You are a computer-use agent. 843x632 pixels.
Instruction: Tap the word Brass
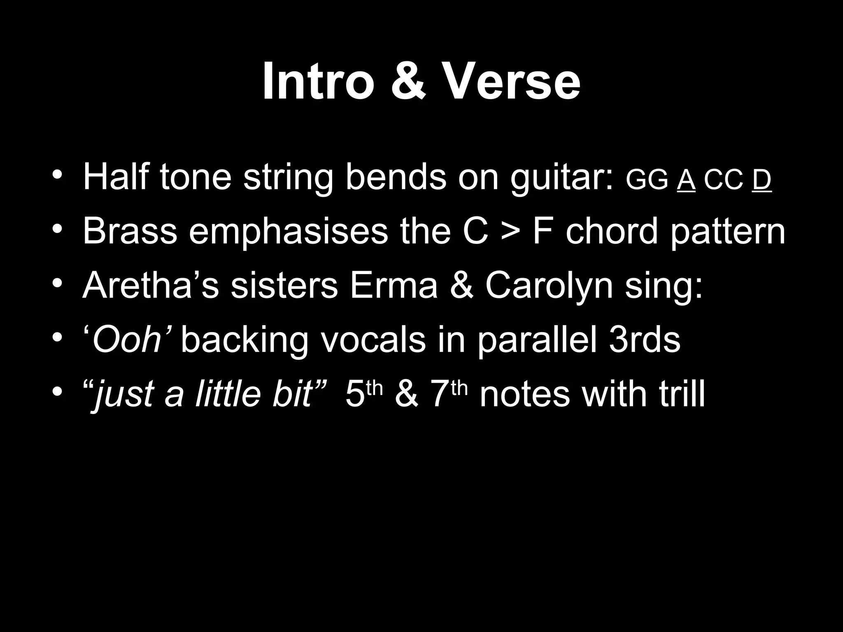(130, 231)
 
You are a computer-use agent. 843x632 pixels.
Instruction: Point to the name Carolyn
(550, 286)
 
